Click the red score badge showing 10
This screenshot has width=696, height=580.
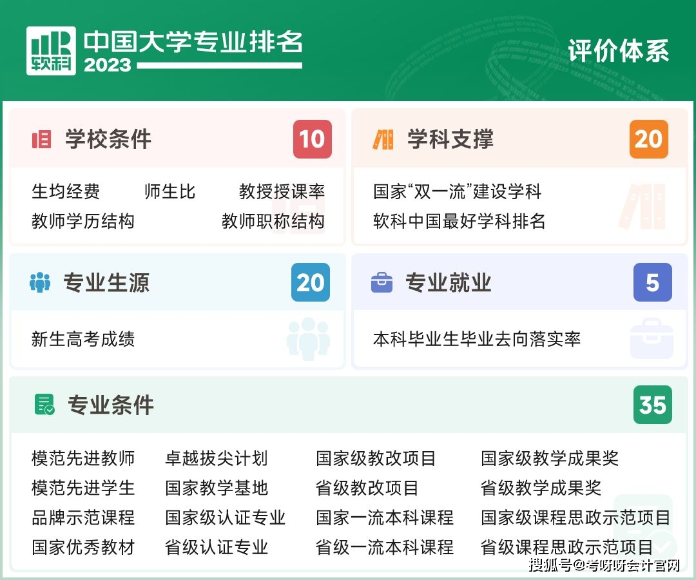point(313,139)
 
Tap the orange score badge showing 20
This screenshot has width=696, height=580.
point(648,139)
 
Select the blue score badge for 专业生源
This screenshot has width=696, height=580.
point(311,282)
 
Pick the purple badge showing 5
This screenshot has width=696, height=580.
point(652,282)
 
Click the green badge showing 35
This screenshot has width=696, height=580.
point(652,405)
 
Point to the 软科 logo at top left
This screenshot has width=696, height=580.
point(51,51)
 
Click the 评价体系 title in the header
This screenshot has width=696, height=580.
point(619,52)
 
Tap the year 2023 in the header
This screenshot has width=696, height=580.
point(107,65)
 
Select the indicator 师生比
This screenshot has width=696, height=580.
point(169,191)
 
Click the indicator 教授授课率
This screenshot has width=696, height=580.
point(282,191)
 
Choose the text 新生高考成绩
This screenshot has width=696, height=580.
point(83,339)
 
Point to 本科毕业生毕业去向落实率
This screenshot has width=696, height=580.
point(477,339)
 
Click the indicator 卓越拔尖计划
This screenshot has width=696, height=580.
point(216,458)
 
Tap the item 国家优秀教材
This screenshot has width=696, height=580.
point(83,547)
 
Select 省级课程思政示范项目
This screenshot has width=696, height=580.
point(566,547)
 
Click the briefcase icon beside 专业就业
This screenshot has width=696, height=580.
point(382,282)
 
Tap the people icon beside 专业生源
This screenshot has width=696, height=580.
point(40,282)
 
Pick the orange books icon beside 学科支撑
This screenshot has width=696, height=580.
point(383,139)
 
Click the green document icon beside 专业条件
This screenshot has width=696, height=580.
point(44,405)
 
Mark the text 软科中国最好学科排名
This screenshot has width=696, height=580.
point(459,221)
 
